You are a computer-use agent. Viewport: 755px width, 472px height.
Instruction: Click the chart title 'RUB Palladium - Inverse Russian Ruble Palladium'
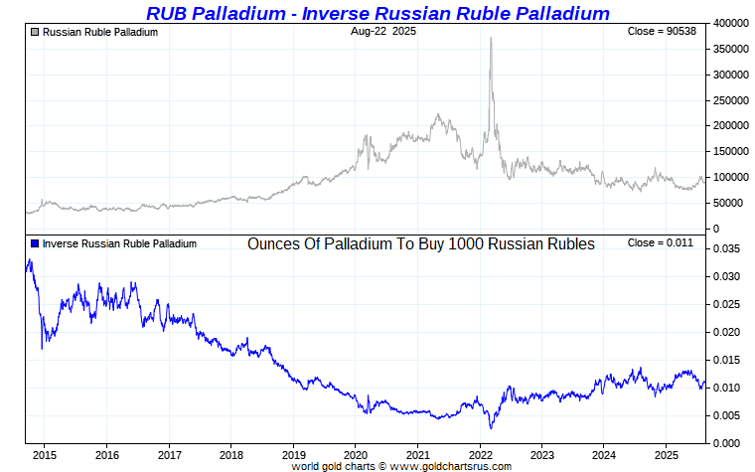377,13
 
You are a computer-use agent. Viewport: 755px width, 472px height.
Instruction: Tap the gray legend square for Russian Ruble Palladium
36,32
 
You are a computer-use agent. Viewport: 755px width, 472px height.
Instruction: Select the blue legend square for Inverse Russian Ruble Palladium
36,243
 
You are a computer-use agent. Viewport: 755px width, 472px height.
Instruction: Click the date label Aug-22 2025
383,32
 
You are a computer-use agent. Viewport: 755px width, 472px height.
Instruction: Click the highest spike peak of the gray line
491,38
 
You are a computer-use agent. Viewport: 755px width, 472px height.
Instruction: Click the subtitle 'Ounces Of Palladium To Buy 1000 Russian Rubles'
420,243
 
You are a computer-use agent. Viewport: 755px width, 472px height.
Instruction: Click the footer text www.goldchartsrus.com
456,465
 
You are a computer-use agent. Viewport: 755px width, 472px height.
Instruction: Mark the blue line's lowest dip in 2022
491,427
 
